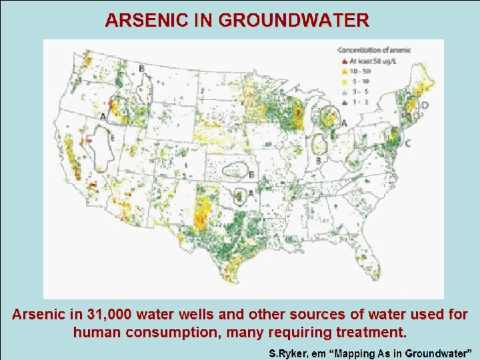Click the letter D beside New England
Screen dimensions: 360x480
(x=425, y=105)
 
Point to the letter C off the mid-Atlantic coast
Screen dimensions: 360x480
(x=408, y=143)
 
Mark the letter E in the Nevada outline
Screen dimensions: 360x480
(x=113, y=138)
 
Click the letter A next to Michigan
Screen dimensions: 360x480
(x=344, y=123)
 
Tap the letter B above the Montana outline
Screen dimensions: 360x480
(x=141, y=69)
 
